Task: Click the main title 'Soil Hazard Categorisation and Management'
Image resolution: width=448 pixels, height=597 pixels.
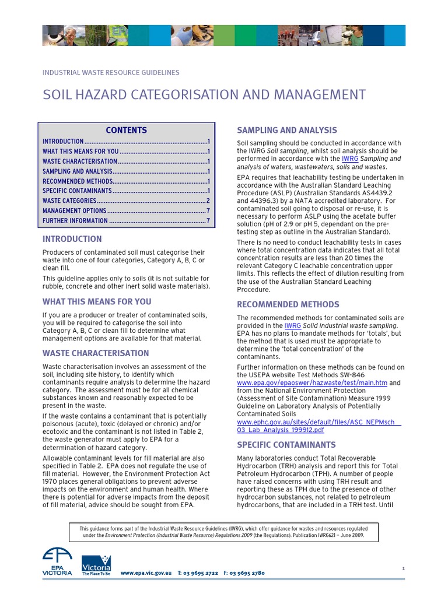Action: click(204, 95)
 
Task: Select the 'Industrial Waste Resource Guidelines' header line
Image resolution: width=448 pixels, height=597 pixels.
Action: click(111, 73)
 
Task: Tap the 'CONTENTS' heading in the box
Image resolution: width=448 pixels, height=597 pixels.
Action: click(127, 130)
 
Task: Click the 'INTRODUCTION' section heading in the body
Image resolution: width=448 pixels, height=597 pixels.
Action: click(72, 239)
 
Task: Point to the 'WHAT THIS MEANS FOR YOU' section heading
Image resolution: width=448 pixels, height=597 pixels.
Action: click(96, 302)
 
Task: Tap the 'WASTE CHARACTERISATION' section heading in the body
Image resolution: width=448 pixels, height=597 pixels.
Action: click(96, 353)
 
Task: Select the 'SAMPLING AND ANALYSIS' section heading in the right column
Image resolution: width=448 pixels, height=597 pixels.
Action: click(286, 131)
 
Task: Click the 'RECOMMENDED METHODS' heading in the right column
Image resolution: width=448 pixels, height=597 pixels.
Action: click(288, 304)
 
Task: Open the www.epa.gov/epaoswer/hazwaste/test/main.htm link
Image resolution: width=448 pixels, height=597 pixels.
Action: click(312, 383)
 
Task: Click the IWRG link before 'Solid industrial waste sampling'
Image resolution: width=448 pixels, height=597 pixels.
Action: click(292, 326)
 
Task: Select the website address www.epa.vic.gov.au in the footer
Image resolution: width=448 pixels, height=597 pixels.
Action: click(146, 573)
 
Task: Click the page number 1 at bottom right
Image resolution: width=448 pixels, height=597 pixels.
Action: click(403, 567)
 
